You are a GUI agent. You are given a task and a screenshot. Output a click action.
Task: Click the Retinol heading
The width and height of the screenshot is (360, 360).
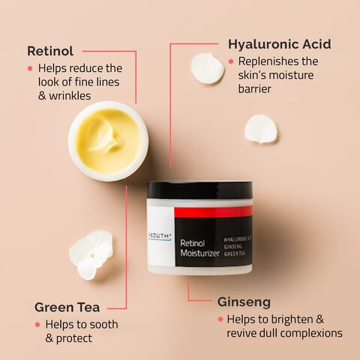pos(50,51)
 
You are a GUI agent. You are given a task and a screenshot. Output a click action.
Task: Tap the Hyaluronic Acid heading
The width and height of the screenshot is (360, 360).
pos(280,44)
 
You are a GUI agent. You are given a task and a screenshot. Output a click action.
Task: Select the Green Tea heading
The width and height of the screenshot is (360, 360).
pos(67,307)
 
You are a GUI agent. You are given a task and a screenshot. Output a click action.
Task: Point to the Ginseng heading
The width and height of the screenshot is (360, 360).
pos(244,302)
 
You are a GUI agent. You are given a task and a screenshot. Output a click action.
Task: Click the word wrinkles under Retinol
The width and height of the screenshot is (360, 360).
pos(70,96)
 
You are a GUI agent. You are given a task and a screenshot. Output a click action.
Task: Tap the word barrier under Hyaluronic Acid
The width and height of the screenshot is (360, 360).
pos(254,88)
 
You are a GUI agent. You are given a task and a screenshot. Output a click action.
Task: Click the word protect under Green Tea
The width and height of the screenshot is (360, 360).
pos(74,338)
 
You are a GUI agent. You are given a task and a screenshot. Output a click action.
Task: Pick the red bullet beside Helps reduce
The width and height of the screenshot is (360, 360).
pos(30,68)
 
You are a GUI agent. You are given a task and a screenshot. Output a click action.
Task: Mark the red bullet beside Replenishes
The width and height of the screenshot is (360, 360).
pos(231,61)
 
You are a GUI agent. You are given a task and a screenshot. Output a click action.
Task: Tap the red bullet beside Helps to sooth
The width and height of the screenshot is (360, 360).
pos(37,325)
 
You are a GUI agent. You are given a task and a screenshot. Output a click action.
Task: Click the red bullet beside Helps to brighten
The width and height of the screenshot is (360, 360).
pos(220,319)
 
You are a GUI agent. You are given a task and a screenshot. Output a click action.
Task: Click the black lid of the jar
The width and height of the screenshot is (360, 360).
pos(199,190)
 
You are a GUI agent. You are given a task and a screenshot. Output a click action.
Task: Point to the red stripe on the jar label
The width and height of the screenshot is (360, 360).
pos(213,211)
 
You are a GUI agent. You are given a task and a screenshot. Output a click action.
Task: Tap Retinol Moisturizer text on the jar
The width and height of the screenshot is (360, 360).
pos(199,248)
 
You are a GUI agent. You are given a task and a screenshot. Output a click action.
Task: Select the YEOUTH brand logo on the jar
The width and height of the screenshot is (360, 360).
pos(160,236)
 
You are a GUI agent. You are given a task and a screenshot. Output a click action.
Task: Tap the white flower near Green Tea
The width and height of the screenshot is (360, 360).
pos(91,254)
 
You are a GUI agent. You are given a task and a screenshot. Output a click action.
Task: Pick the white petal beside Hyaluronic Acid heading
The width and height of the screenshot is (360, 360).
pos(207,68)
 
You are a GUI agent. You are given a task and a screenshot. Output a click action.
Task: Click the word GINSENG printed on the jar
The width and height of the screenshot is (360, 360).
pos(232,247)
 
